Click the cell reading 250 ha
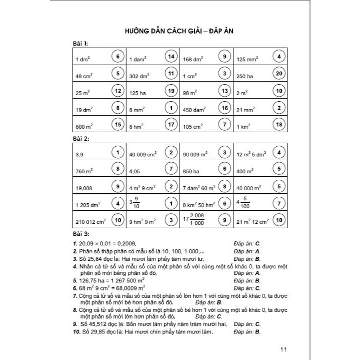[x=246, y=76]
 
